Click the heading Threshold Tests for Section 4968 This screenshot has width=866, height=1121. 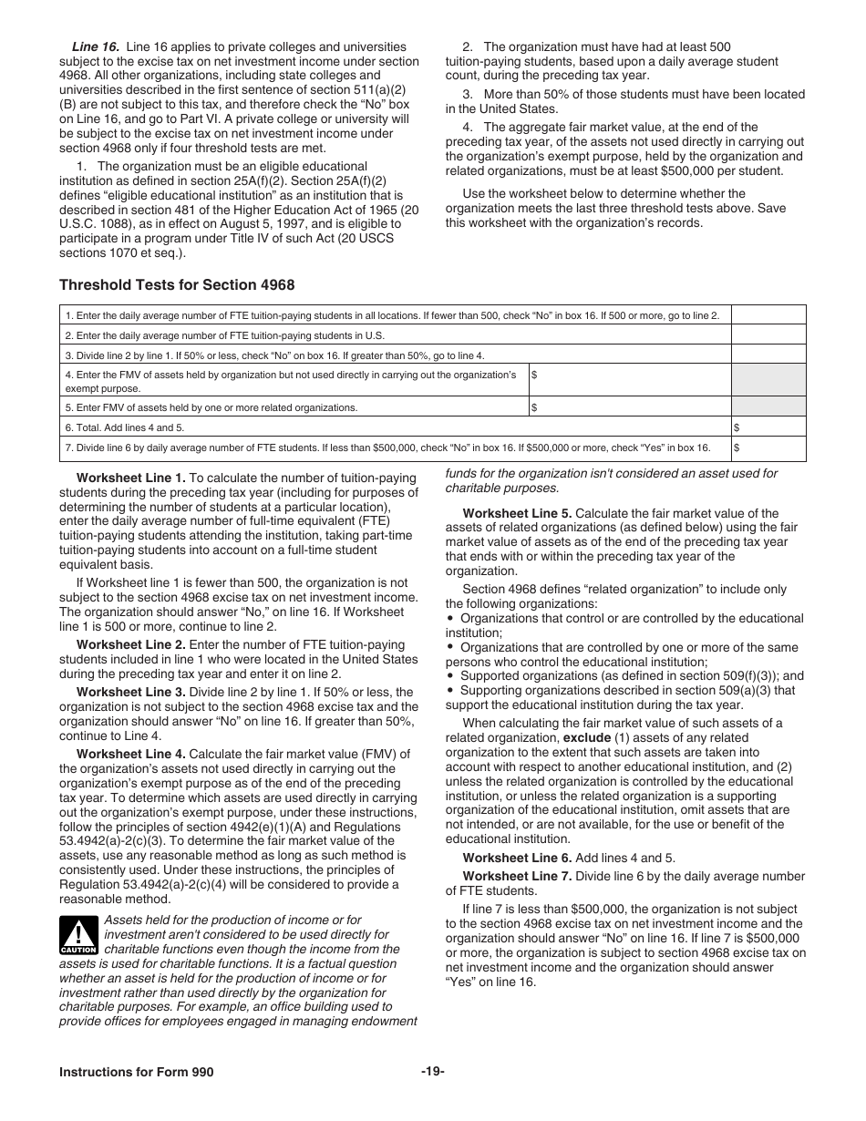177,285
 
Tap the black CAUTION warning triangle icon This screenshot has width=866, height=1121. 78,935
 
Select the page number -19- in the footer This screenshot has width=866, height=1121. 432,1072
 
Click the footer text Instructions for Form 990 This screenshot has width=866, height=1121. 137,1072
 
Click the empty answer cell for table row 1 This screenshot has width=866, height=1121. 768,315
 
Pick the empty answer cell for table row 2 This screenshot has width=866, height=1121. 768,335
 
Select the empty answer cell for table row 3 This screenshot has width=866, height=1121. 768,355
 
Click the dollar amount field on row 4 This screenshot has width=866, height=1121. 630,380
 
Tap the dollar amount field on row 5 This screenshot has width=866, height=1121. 630,406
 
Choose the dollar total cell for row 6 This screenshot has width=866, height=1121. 768,427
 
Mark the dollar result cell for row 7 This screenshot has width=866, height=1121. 768,448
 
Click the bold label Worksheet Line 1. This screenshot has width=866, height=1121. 130,478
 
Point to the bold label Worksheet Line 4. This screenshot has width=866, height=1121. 130,754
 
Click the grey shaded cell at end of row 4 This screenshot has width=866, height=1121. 768,380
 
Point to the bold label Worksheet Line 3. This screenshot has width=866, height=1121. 130,692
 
